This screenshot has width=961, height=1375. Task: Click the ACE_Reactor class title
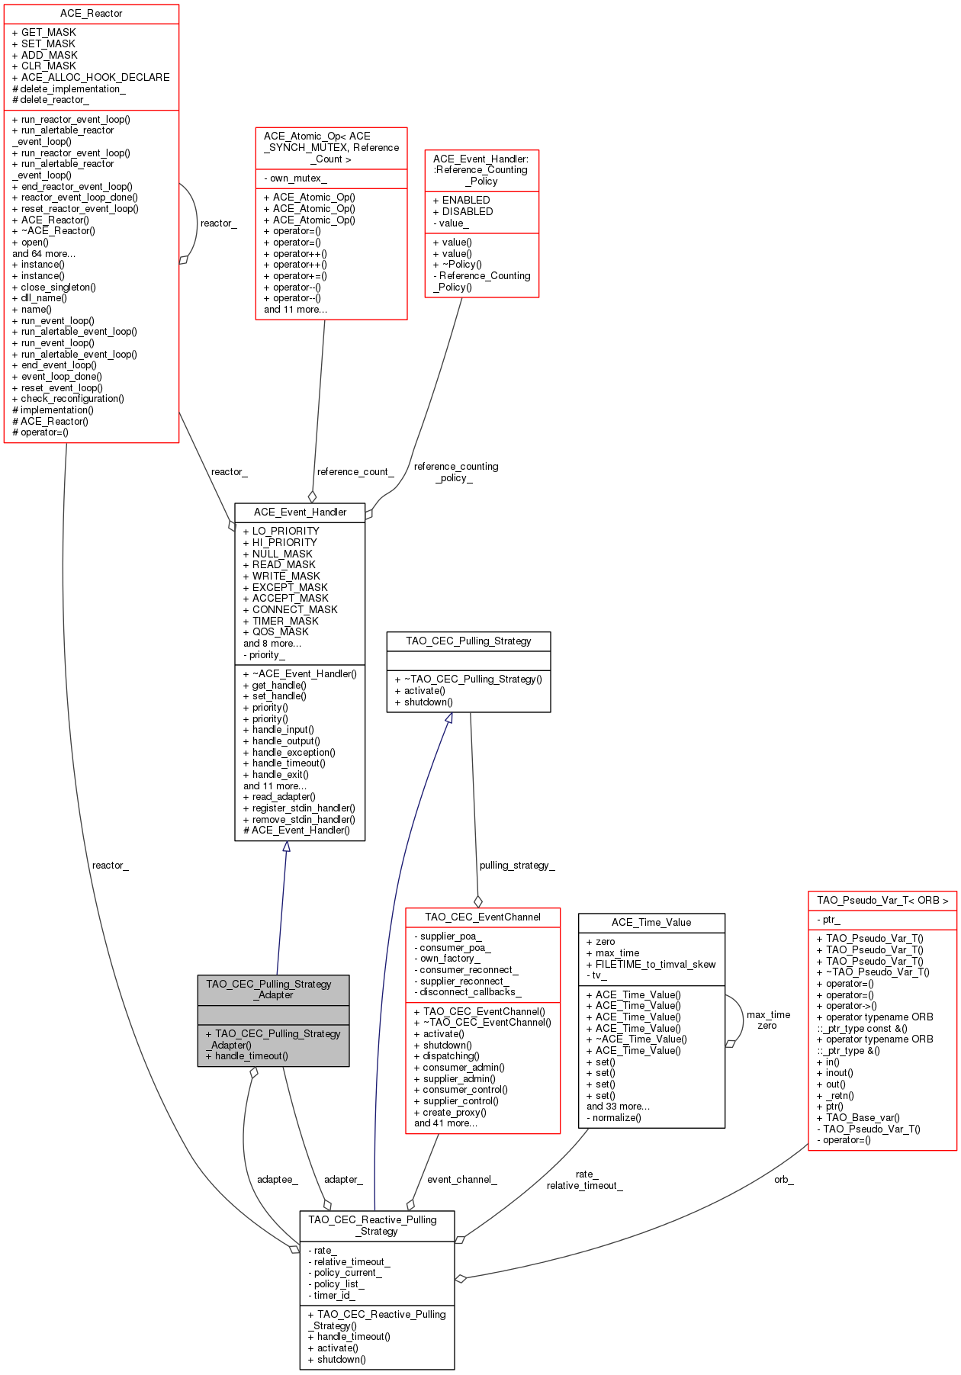click(x=91, y=14)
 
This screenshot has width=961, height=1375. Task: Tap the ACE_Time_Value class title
click(x=651, y=923)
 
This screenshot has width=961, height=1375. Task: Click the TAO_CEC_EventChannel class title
click(x=483, y=917)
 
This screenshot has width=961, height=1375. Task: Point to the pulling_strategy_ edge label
click(x=517, y=866)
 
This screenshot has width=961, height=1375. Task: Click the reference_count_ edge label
click(x=355, y=472)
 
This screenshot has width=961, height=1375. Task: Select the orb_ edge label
click(x=784, y=1180)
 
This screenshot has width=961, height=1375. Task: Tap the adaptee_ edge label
click(x=277, y=1180)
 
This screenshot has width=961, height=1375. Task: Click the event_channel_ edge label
click(x=462, y=1180)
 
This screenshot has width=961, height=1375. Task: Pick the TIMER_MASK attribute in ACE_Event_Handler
click(x=281, y=621)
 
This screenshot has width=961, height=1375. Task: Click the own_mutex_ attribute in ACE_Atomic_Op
click(x=295, y=178)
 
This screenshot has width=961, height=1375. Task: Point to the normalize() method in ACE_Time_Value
click(x=614, y=1118)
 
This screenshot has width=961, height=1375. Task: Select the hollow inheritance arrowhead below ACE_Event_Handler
click(x=286, y=847)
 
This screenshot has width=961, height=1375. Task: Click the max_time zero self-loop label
click(x=768, y=1020)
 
